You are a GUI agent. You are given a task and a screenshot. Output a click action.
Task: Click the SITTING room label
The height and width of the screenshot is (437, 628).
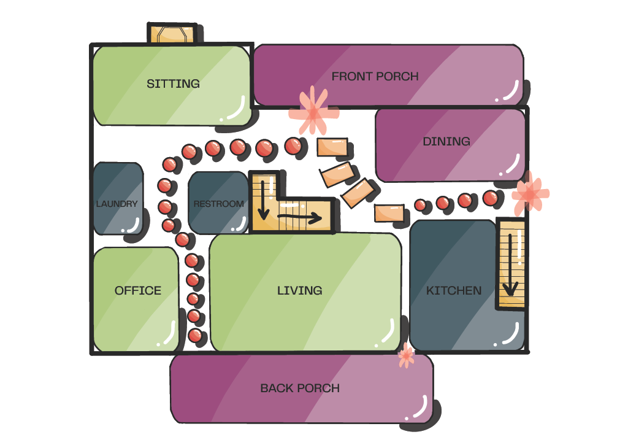tap(173, 83)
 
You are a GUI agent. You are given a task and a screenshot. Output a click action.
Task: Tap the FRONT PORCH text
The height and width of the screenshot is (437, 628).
tap(375, 77)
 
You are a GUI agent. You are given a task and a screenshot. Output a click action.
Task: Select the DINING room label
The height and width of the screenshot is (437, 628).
tap(446, 142)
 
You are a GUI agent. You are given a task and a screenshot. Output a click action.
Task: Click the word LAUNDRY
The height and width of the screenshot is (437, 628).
tap(117, 204)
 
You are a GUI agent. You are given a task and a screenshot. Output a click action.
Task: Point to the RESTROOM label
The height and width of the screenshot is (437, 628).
tap(218, 204)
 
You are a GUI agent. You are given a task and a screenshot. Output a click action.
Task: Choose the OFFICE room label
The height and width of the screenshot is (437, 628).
tap(138, 290)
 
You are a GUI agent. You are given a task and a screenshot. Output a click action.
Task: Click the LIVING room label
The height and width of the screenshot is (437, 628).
tap(299, 290)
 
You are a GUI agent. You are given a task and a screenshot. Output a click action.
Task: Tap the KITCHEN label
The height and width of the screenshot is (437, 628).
tap(454, 290)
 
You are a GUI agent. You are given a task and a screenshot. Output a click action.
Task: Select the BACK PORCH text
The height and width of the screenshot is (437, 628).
tap(300, 388)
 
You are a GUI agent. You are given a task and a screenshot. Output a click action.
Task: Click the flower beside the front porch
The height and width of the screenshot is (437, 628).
tap(313, 112)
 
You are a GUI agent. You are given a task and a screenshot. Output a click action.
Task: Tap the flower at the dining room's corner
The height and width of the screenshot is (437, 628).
tap(529, 194)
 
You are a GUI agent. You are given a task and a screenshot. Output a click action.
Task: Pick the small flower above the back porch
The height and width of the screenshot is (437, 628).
tap(406, 355)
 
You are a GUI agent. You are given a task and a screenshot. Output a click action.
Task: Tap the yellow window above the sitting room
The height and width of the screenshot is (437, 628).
tap(174, 34)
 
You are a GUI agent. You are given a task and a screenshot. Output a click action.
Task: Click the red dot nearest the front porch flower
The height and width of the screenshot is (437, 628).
tap(293, 145)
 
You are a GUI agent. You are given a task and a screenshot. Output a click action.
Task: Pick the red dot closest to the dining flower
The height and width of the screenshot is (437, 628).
tap(490, 198)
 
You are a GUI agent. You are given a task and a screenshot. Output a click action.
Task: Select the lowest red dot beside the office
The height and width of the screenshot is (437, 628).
tap(195, 336)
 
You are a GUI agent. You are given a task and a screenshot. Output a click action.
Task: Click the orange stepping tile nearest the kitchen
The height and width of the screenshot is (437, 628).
tap(389, 213)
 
